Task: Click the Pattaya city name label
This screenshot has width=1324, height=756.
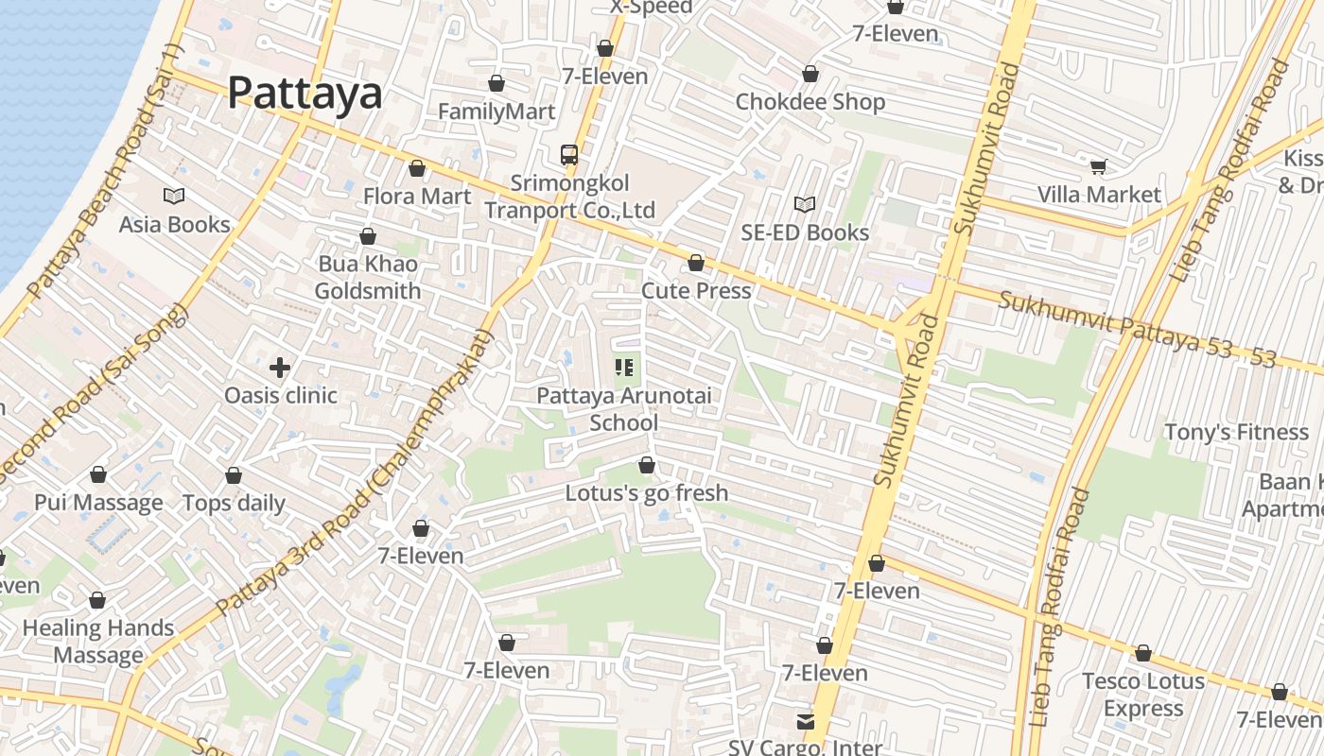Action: pos(305,94)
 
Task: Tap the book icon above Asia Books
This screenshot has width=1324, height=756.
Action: pos(174,196)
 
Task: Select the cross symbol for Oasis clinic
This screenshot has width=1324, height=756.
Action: pos(280,367)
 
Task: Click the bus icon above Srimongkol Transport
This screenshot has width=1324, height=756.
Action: pos(569,154)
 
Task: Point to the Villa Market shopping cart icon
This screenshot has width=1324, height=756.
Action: pos(1099,166)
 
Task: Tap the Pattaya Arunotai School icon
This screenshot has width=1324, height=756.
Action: pos(624,367)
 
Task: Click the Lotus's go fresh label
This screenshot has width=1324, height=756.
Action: pos(647,492)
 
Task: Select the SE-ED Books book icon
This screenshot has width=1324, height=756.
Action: pos(805,204)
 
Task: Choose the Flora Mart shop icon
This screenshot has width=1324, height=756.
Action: pos(417,168)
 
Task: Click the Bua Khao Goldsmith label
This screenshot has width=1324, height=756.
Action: pos(368,277)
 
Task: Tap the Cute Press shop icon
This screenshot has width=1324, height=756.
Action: pos(696,263)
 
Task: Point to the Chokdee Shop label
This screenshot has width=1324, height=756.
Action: pos(810,101)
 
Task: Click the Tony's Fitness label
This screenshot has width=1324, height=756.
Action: pos(1236,432)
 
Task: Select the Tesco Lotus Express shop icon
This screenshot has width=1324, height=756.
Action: pos(1143,653)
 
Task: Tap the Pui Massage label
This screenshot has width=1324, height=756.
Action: pos(98,502)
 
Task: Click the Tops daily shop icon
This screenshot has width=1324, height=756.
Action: pos(234,475)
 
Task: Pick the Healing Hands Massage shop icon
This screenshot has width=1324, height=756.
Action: pos(97,600)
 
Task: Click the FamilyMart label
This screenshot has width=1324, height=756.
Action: pos(496,112)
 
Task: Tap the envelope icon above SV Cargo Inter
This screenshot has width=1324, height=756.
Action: pos(806,721)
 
